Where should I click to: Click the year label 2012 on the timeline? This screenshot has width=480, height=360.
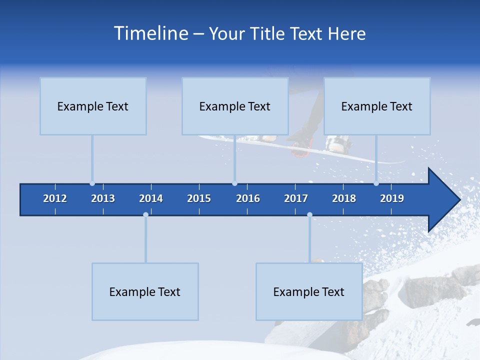click(55, 198)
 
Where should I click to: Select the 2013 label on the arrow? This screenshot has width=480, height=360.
click(103, 198)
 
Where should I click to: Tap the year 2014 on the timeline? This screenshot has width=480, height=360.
click(151, 198)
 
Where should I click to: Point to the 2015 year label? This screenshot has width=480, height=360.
click(199, 198)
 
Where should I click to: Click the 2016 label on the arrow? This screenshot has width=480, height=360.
click(248, 198)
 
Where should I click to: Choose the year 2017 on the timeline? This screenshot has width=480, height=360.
click(296, 198)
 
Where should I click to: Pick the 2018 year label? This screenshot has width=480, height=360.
click(344, 198)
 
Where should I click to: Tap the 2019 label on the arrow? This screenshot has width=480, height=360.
click(392, 198)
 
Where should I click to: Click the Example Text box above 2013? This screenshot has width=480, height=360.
click(93, 106)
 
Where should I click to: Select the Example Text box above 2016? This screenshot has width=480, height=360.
click(235, 106)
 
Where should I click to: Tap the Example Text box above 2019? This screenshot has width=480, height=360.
click(377, 106)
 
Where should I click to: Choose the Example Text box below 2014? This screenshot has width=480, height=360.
click(145, 291)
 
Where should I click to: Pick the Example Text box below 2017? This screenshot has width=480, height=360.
click(309, 291)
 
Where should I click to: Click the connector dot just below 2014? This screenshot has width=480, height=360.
click(145, 214)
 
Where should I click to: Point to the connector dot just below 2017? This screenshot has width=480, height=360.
click(309, 214)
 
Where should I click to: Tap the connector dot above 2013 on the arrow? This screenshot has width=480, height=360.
click(92, 183)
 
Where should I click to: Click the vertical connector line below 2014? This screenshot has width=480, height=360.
click(145, 240)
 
